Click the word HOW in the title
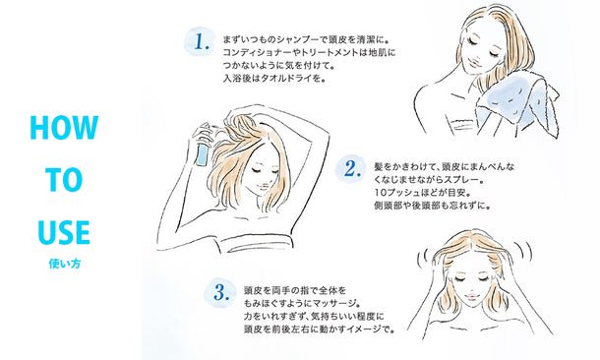[64, 128]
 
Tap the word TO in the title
[64, 180]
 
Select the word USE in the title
[64, 232]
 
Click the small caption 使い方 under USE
[65, 264]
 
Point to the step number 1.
[202, 41]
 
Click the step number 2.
[352, 169]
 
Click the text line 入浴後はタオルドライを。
[274, 80]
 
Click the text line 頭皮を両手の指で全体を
[295, 290]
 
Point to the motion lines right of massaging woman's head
[524, 250]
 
